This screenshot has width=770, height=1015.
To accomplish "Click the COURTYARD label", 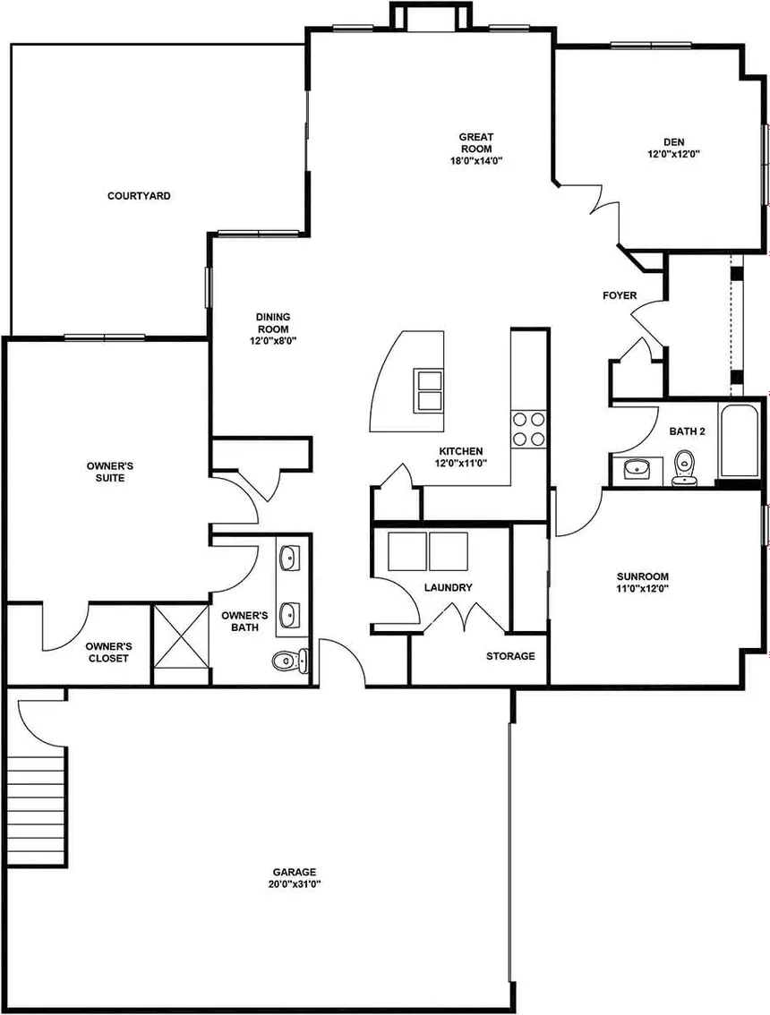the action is click(139, 195).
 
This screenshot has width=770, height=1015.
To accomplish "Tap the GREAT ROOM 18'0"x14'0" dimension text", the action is click(476, 160).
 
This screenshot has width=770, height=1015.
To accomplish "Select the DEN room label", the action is click(673, 141).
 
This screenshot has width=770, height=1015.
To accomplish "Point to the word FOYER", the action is click(620, 295).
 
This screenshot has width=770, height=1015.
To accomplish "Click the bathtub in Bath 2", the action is click(739, 439).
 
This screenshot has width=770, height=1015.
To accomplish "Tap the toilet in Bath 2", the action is click(684, 468).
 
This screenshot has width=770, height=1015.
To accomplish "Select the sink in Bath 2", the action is click(637, 468).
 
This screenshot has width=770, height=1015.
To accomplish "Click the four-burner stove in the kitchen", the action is click(528, 429).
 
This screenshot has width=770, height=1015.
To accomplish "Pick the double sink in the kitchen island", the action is click(429, 390).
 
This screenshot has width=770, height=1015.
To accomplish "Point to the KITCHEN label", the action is click(460, 451).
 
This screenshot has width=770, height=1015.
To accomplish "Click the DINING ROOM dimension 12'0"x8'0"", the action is click(273, 340).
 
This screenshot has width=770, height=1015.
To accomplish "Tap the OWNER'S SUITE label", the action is click(110, 472).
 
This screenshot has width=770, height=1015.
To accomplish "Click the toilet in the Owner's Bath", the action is click(289, 661).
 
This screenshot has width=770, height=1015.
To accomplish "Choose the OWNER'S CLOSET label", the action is click(109, 652).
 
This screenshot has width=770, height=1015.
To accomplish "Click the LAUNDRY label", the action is click(449, 587).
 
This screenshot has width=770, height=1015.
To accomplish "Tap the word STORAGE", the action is click(510, 656).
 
